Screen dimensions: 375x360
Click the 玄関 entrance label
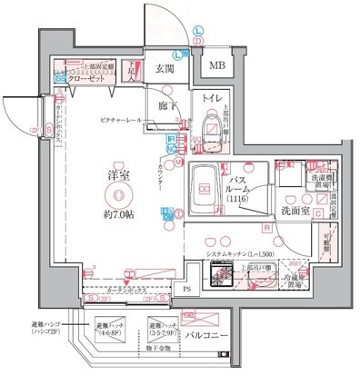pyautogui.click(x=165, y=68)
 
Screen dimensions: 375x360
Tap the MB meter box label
pyautogui.click(x=218, y=66)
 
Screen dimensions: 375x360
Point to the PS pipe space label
pyautogui.click(x=188, y=290)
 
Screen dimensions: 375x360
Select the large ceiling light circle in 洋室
pyautogui.click(x=116, y=196)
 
